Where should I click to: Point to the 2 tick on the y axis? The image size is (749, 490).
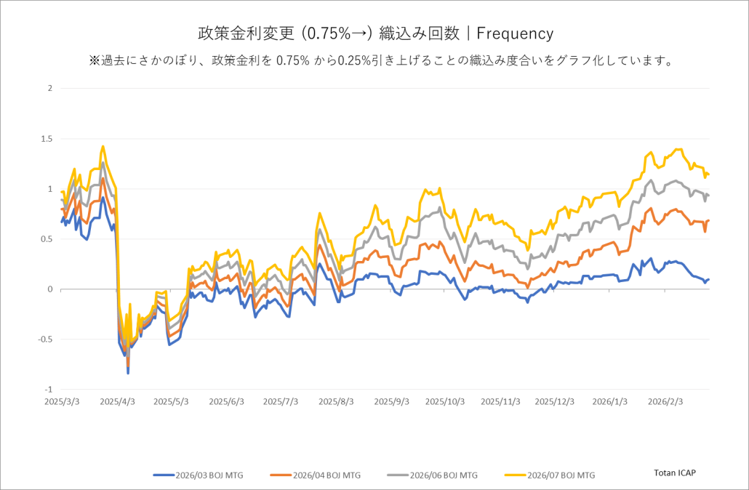(x=50, y=89)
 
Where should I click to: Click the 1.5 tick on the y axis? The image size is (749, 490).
(x=47, y=139)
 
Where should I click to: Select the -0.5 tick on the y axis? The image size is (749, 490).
(x=46, y=340)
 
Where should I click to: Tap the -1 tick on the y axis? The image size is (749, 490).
(x=49, y=390)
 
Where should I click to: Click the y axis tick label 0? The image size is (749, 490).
(x=50, y=289)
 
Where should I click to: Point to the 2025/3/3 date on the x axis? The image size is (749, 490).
(x=63, y=401)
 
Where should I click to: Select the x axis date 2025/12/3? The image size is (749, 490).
(x=554, y=401)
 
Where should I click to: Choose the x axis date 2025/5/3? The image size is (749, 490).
(x=171, y=401)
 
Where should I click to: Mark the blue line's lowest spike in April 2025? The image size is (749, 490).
(x=128, y=373)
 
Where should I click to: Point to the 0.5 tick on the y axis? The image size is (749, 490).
(x=47, y=239)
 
